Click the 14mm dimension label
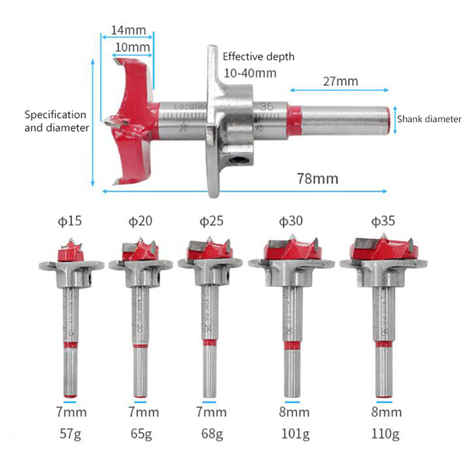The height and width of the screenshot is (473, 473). (x=128, y=30)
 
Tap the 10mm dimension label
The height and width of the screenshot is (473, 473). (x=132, y=47)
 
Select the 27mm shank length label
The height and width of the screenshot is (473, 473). (x=341, y=81)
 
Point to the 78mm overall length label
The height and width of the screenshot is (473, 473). (x=318, y=179)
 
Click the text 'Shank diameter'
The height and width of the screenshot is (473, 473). (x=429, y=119)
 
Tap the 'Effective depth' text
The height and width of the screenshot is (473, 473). (x=258, y=57)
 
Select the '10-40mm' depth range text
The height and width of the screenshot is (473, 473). (x=250, y=73)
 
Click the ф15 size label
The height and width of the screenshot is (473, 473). (x=70, y=221)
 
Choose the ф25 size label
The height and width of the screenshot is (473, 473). (x=212, y=221)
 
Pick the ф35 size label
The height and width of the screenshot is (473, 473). (x=383, y=221)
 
